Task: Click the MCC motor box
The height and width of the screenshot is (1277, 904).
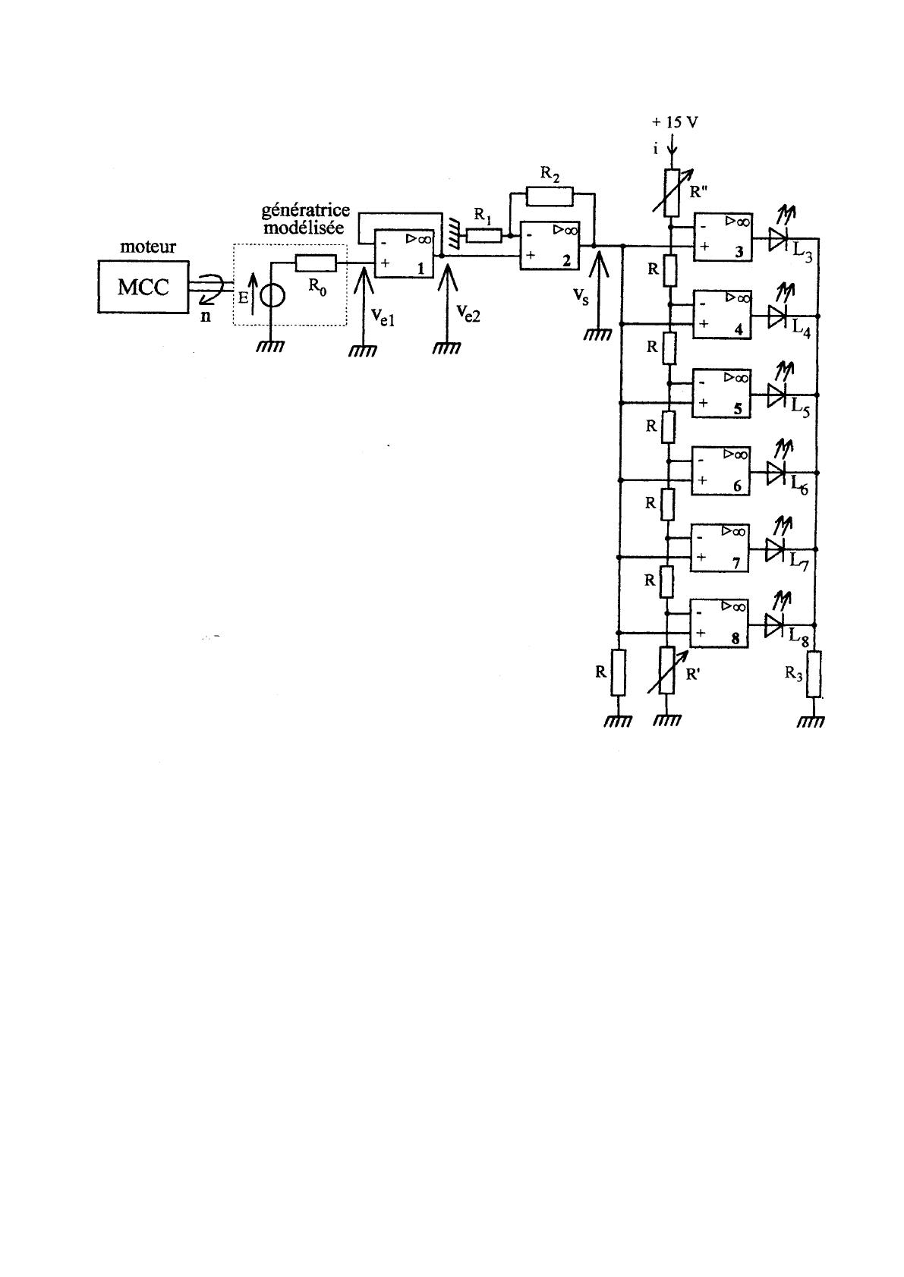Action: click(x=143, y=287)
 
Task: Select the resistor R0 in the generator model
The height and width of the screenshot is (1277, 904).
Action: click(x=315, y=263)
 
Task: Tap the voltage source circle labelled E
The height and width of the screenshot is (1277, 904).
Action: click(x=272, y=294)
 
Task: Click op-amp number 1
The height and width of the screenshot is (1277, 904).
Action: click(x=403, y=253)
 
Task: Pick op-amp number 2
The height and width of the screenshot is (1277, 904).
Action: click(x=549, y=246)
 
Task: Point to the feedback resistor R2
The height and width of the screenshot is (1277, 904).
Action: click(x=550, y=197)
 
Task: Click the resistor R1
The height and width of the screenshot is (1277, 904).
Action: click(x=483, y=236)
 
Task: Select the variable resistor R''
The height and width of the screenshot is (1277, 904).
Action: click(x=671, y=193)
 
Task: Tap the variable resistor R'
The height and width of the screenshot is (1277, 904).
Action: click(x=666, y=670)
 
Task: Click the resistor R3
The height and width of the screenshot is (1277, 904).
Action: click(x=813, y=675)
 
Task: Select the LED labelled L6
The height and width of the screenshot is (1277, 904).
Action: click(x=775, y=472)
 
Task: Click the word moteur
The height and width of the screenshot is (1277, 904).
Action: click(x=148, y=247)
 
